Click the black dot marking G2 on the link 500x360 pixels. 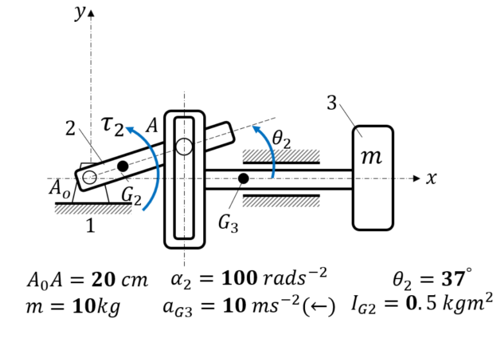click(x=123, y=166)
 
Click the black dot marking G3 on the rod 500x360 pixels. click(x=243, y=179)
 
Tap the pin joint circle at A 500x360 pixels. click(x=184, y=147)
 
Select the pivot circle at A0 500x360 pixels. click(x=89, y=178)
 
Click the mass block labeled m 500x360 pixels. click(x=373, y=178)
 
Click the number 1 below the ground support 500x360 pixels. click(x=90, y=227)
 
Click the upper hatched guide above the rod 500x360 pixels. click(x=281, y=156)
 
